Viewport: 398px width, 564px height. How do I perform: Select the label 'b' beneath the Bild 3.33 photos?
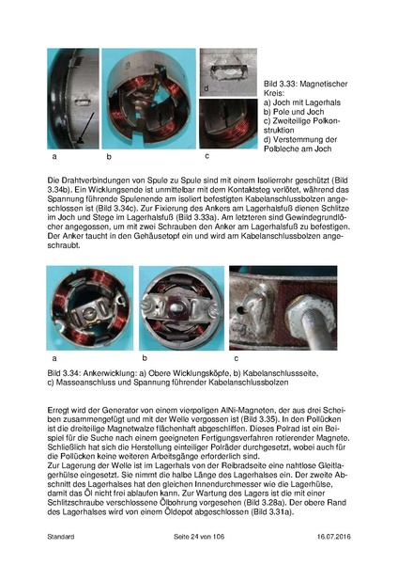click(x=109, y=156)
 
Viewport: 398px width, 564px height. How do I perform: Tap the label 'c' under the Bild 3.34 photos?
click(x=234, y=359)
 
